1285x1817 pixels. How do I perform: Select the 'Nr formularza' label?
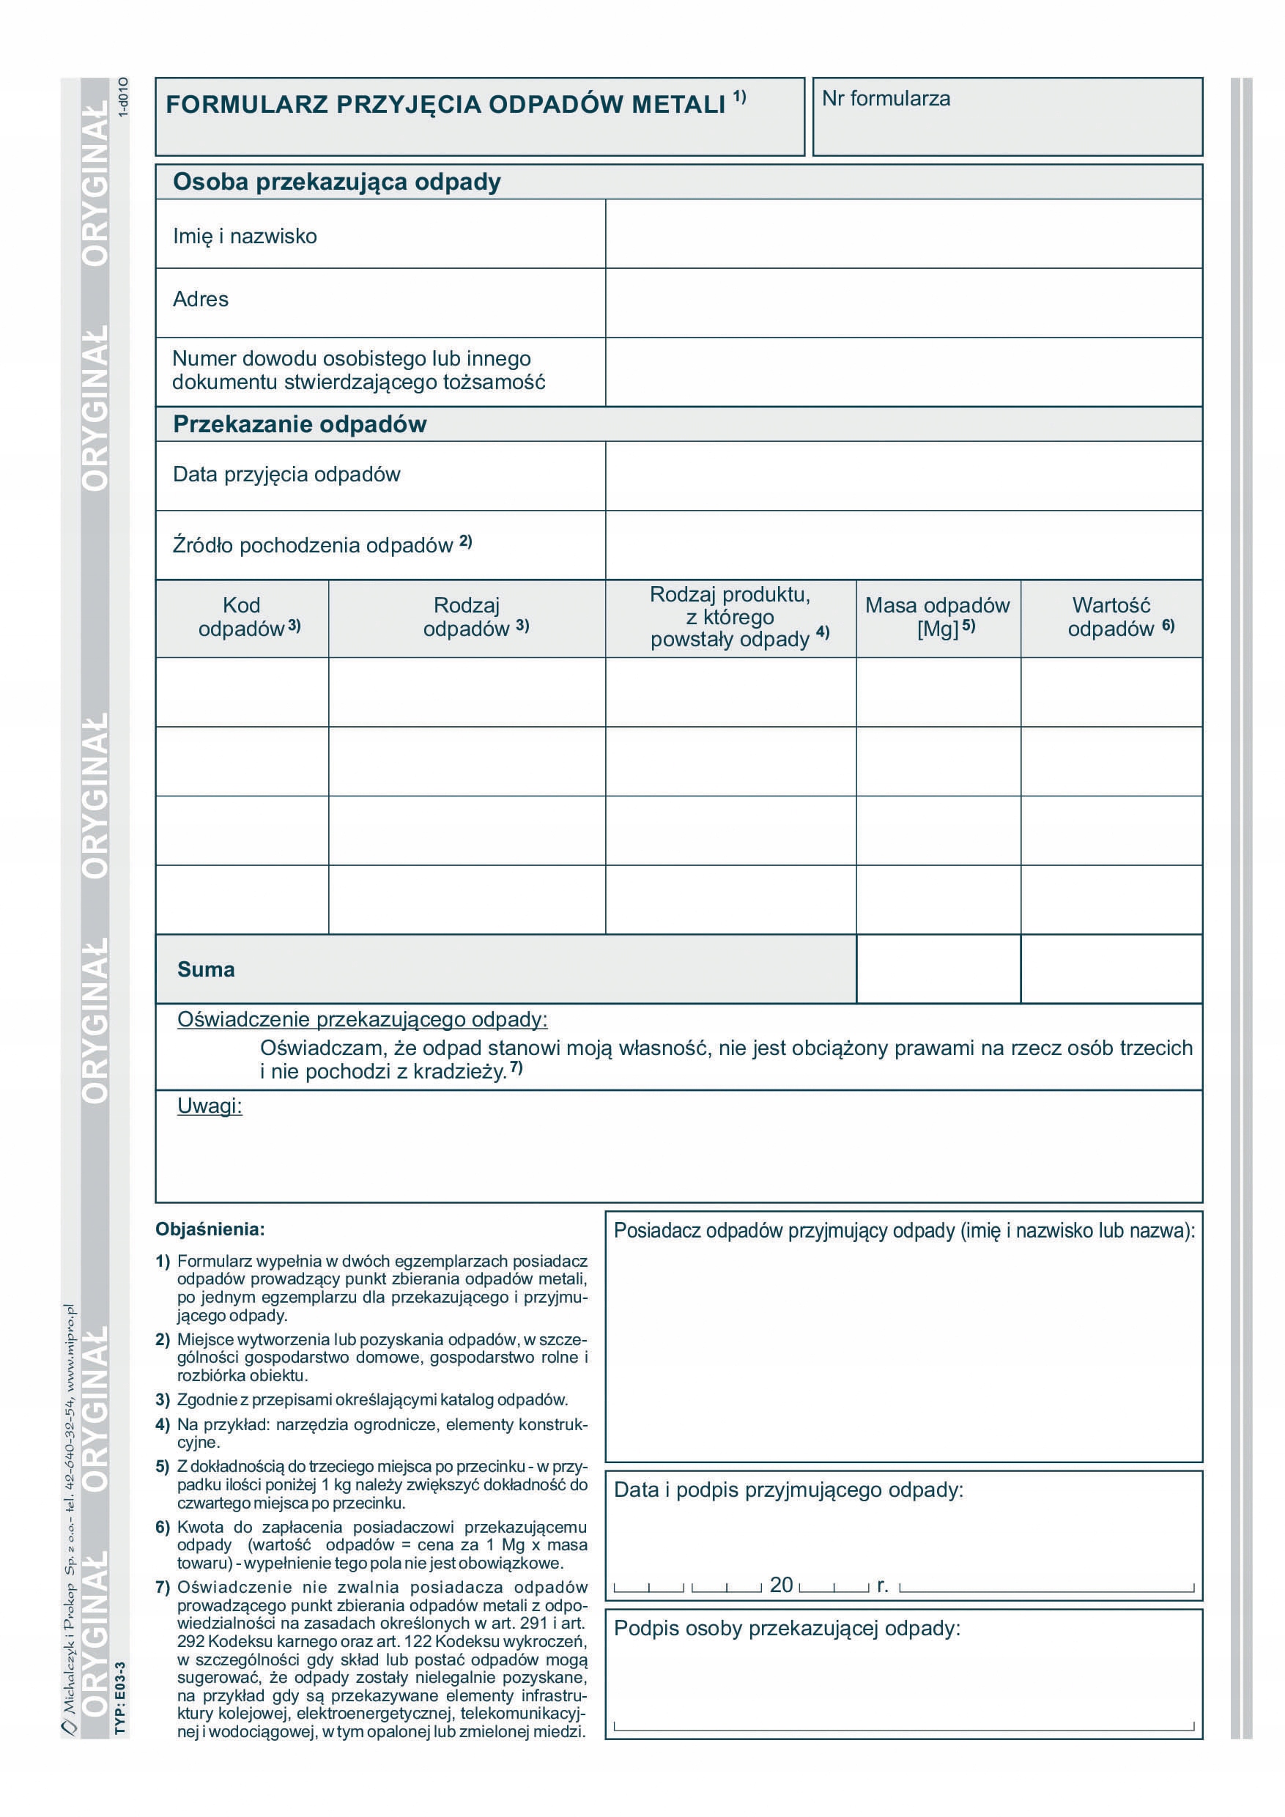click(886, 99)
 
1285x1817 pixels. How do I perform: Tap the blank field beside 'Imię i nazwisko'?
click(903, 234)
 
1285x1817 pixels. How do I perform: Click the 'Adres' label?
click(201, 299)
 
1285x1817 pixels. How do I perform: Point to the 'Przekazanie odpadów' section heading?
click(300, 424)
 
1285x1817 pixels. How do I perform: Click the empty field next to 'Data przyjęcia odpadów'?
click(903, 475)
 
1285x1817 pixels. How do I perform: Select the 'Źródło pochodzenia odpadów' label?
click(314, 545)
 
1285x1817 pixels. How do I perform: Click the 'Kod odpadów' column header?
click(242, 618)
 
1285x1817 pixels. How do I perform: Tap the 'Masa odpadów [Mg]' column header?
click(938, 618)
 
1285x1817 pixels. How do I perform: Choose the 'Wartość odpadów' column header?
click(1111, 618)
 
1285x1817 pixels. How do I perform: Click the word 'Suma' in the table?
click(206, 969)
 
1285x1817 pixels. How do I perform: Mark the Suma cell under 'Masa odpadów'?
click(938, 969)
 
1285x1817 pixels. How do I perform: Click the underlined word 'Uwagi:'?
click(210, 1106)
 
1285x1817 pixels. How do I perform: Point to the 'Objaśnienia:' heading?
click(210, 1229)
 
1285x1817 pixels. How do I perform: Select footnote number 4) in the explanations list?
click(163, 1424)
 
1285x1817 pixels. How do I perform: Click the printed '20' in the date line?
click(781, 1585)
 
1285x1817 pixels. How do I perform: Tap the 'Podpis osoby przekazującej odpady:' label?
click(787, 1628)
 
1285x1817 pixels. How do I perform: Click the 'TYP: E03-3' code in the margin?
click(120, 1701)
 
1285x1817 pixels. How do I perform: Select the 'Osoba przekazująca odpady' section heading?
click(337, 182)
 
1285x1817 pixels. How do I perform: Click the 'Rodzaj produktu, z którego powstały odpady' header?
click(730, 618)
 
